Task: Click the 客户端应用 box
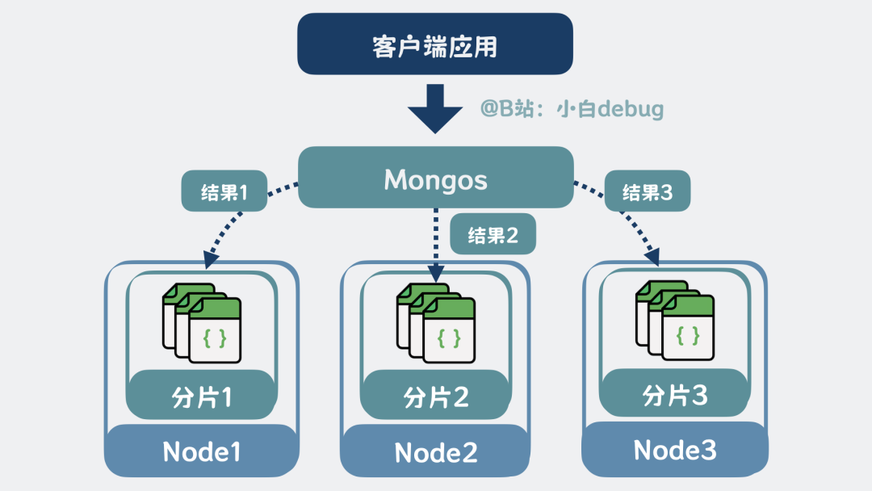[x=435, y=45]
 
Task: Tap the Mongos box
[x=435, y=178]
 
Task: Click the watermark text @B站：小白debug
[x=572, y=108]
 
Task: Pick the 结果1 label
[x=224, y=192]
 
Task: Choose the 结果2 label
[x=493, y=235]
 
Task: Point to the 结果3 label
[x=648, y=192]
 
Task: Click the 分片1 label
[x=202, y=397]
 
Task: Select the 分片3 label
[x=675, y=394]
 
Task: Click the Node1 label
[x=202, y=451]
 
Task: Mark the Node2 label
[x=436, y=452]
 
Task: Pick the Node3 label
[x=675, y=449]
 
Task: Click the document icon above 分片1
[x=203, y=322]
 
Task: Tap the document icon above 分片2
[x=437, y=322]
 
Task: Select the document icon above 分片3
[x=675, y=321]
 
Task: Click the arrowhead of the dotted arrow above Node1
[x=212, y=259]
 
